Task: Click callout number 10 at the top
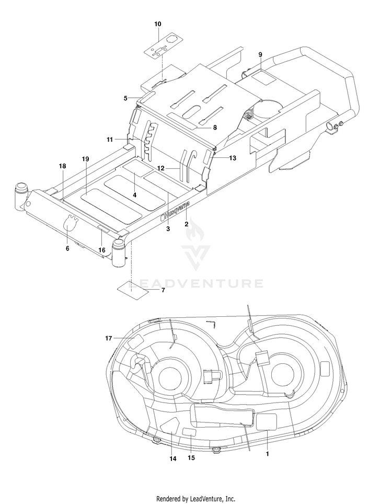pos(158,24)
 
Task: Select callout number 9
pos(260,55)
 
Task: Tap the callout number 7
pos(163,290)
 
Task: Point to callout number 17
pos(108,338)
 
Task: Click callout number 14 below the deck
pos(173,459)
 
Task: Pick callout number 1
pos(267,454)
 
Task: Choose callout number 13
pos(232,158)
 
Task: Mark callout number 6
pos(67,248)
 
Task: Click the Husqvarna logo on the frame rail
pos(175,211)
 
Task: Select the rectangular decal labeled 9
pos(263,78)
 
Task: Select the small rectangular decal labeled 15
pos(189,432)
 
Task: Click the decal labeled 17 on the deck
pos(135,341)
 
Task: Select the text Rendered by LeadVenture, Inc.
pos(195,499)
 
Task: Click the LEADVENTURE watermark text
pos(196,283)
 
